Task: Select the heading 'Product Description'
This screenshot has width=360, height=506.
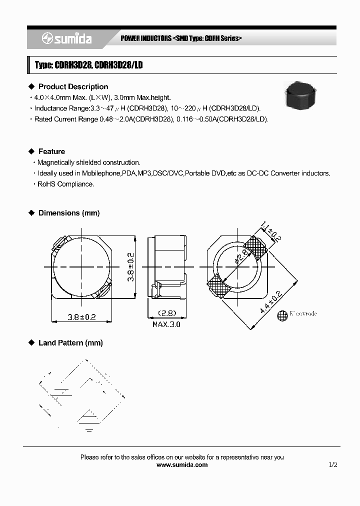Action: pyautogui.click(x=73, y=86)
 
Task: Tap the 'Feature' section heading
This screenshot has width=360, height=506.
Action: pyautogui.click(x=51, y=151)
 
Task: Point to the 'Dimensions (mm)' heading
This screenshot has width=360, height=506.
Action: pyautogui.click(x=69, y=213)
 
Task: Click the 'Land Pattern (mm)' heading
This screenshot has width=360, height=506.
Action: pyautogui.click(x=70, y=343)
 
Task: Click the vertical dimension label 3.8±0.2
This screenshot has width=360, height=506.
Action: pyautogui.click(x=130, y=266)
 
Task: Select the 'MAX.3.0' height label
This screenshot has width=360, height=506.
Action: pyautogui.click(x=166, y=324)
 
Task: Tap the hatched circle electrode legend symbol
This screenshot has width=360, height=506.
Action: pyautogui.click(x=283, y=314)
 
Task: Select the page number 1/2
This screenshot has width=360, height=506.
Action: pyautogui.click(x=333, y=464)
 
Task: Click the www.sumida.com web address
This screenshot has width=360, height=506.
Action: pyautogui.click(x=182, y=464)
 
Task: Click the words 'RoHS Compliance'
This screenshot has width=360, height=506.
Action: pyautogui.click(x=65, y=184)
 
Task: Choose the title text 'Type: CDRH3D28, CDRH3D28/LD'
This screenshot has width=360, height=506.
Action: pyautogui.click(x=88, y=65)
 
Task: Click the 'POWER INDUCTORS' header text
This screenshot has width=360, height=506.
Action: pyautogui.click(x=145, y=38)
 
